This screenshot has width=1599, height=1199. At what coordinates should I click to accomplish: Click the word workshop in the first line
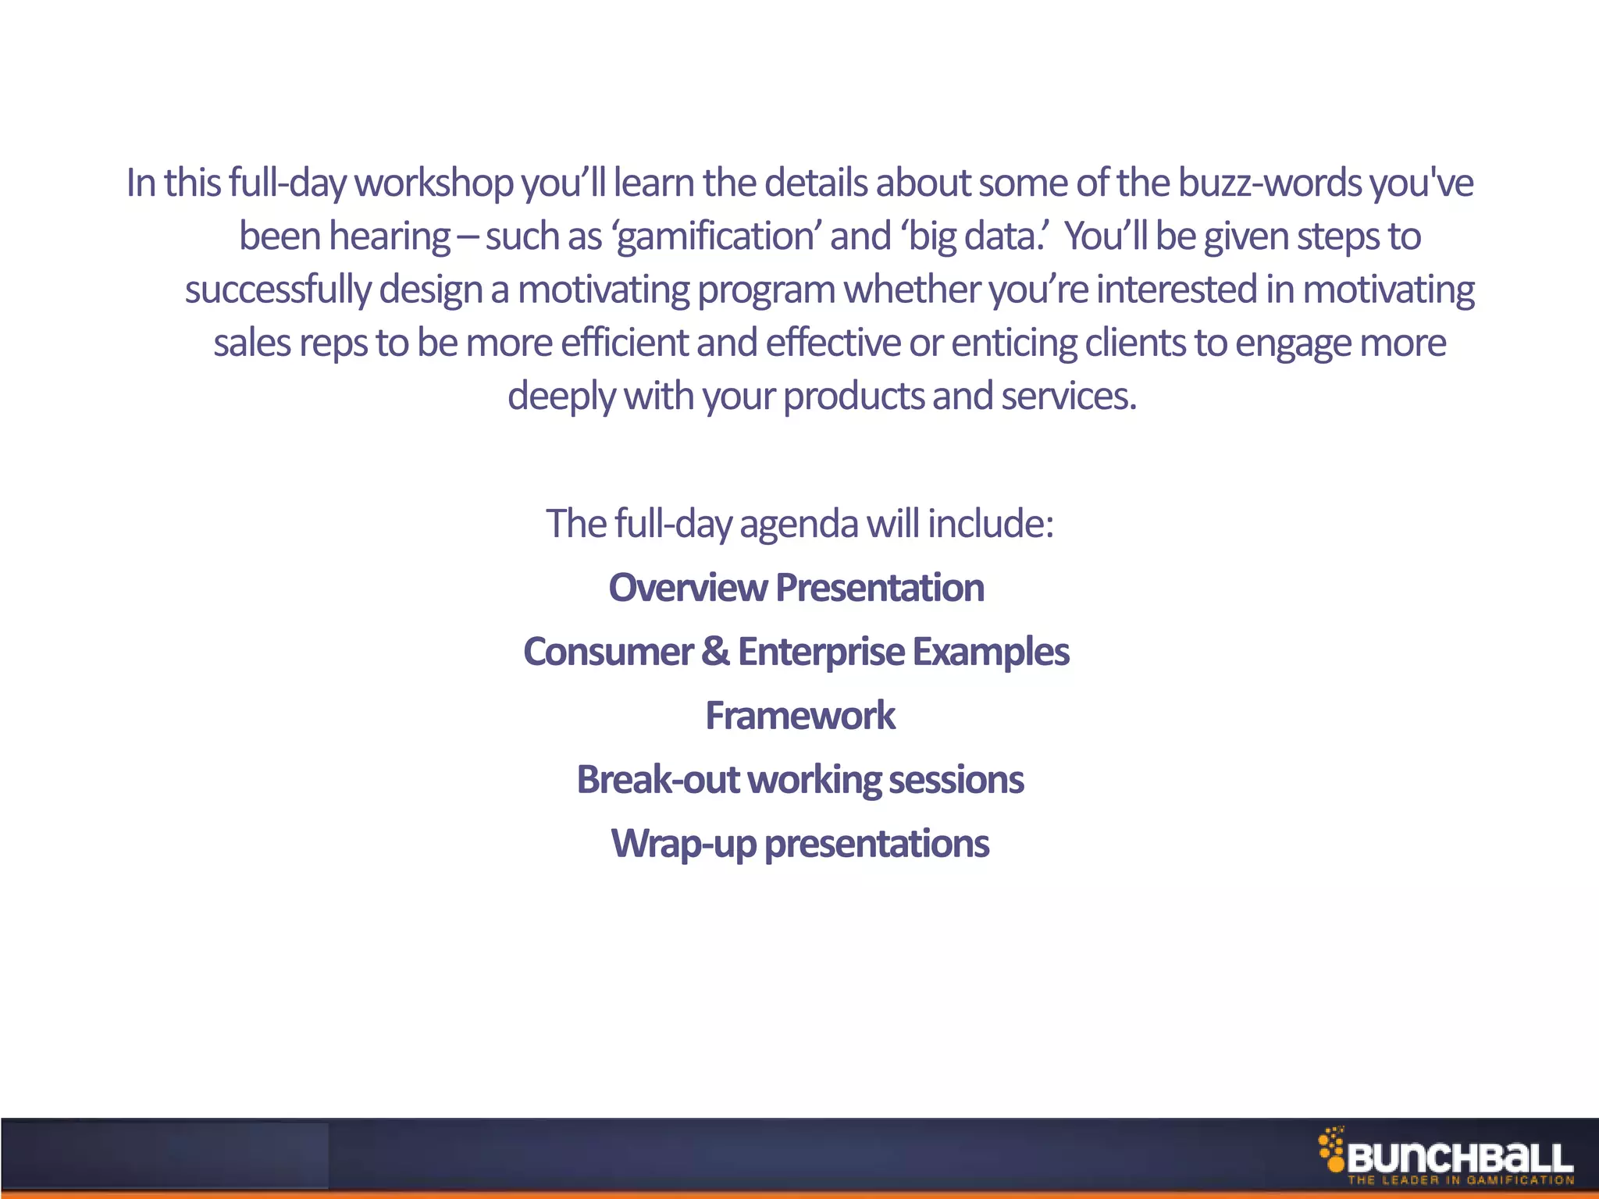coord(433,184)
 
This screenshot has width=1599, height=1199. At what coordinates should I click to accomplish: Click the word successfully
coord(277,290)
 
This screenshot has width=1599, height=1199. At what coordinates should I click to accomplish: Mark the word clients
coord(1135,343)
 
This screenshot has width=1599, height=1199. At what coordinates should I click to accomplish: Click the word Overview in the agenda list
coord(688,588)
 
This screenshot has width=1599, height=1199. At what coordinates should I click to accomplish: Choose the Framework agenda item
coord(800,716)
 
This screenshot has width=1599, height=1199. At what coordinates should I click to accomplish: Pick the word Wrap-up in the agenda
coord(683,845)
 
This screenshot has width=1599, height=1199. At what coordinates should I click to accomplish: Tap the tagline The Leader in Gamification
coord(1460,1180)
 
